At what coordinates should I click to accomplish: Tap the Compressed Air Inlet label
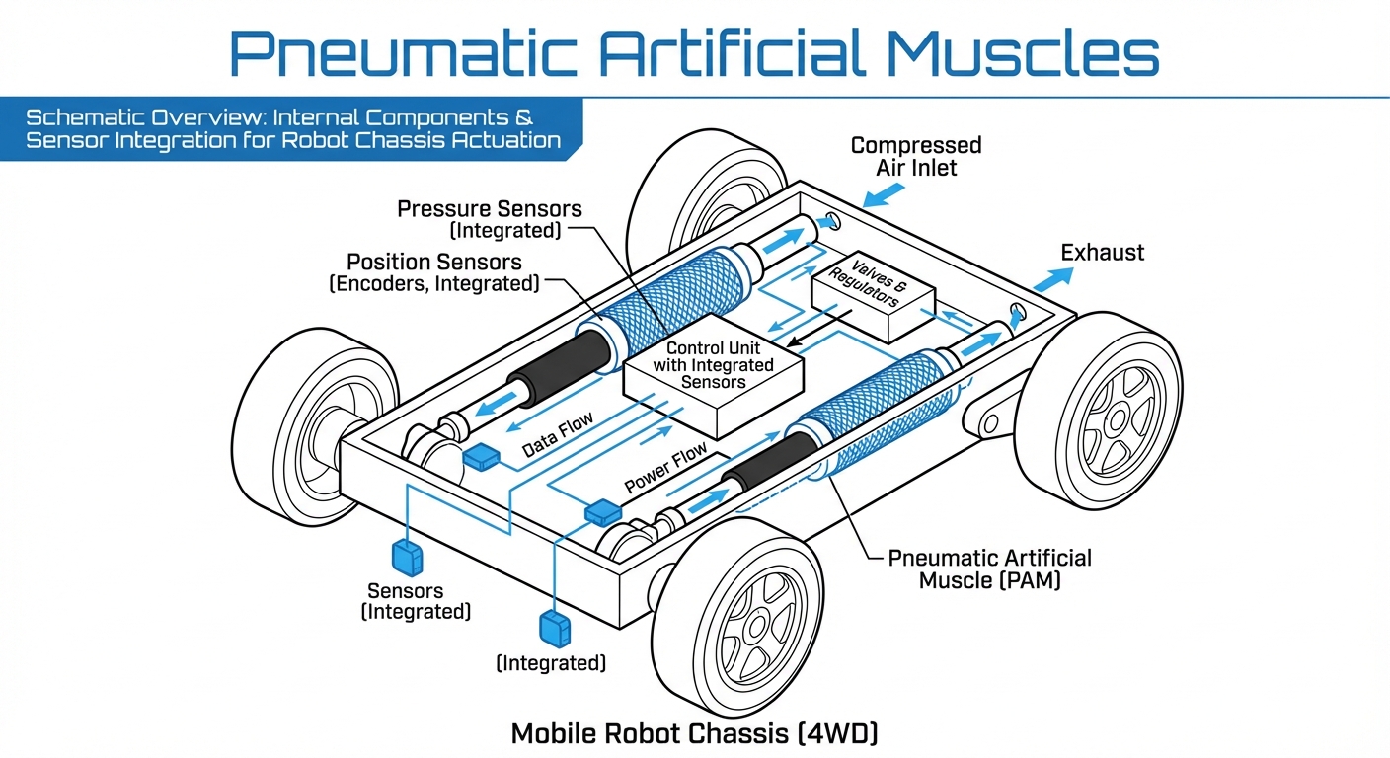pyautogui.click(x=916, y=157)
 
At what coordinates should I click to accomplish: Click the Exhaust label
pyautogui.click(x=1102, y=253)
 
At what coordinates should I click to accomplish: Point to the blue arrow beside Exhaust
pyautogui.click(x=1050, y=278)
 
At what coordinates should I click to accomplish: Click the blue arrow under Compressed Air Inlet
pyautogui.click(x=877, y=197)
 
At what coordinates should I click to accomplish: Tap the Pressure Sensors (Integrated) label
pyautogui.click(x=489, y=219)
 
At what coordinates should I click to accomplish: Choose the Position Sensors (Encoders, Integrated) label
pyautogui.click(x=434, y=272)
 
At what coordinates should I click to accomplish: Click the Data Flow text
pyautogui.click(x=558, y=435)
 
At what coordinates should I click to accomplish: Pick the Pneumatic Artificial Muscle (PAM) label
pyautogui.click(x=989, y=568)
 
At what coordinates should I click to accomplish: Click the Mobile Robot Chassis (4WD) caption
pyautogui.click(x=694, y=733)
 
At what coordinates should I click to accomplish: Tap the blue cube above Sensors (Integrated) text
pyautogui.click(x=407, y=556)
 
